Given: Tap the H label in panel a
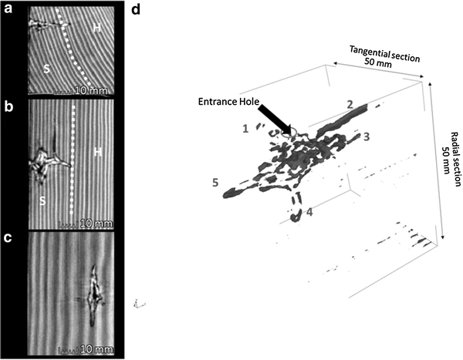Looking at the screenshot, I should click(x=97, y=28).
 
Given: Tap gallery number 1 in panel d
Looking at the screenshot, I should click(x=245, y=127).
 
